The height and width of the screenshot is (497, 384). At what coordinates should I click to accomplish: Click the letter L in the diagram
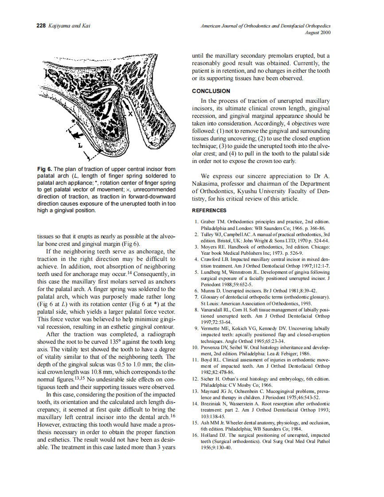pyautogui.click(x=80, y=145)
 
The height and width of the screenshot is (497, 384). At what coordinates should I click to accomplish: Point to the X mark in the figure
pyautogui.click(x=131, y=114)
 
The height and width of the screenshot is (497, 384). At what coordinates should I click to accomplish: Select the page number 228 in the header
pyautogui.click(x=41, y=26)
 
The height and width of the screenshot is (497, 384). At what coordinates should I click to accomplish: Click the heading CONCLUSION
pyautogui.click(x=211, y=91)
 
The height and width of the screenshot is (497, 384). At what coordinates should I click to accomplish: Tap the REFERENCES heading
pyautogui.click(x=209, y=210)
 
